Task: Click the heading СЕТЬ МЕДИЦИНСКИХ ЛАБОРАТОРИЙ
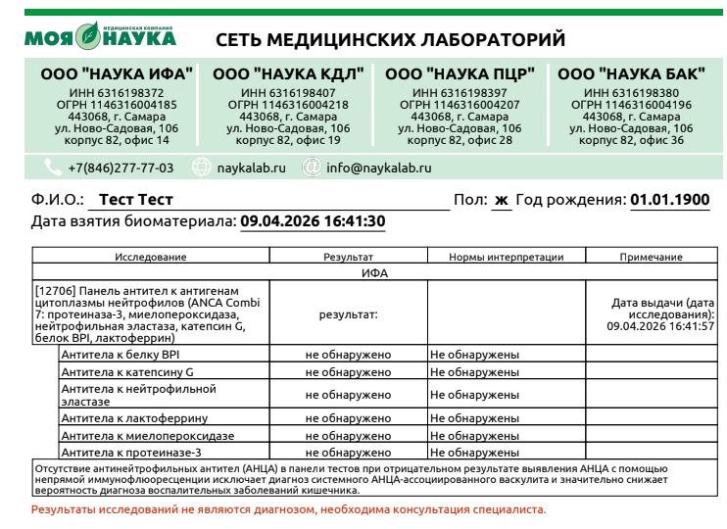(x=390, y=40)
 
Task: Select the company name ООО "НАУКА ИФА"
(x=117, y=74)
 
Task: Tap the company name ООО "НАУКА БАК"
(x=630, y=74)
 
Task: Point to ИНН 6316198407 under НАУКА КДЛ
(x=287, y=92)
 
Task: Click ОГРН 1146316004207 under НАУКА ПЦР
(x=460, y=104)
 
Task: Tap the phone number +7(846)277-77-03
(x=121, y=168)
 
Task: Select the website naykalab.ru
(x=252, y=168)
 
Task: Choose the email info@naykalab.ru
(x=378, y=168)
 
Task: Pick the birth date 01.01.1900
(x=670, y=200)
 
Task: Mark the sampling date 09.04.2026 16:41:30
(x=313, y=221)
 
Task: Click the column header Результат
(x=348, y=257)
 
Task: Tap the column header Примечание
(x=651, y=257)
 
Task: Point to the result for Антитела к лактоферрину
(x=348, y=418)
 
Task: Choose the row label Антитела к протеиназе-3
(x=131, y=453)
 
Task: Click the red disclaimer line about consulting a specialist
(x=288, y=510)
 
